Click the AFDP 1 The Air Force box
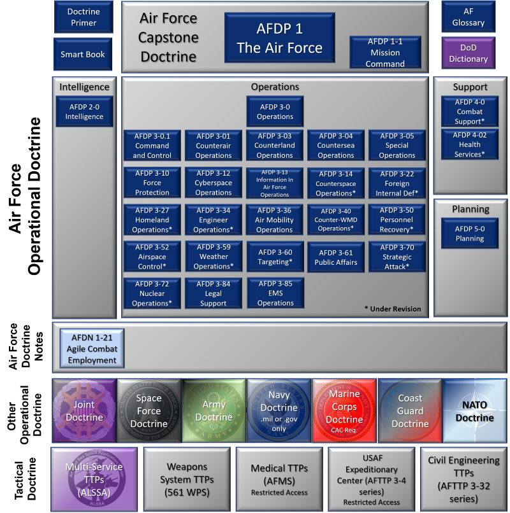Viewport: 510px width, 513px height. click(279, 38)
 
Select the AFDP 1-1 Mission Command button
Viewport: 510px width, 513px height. click(385, 52)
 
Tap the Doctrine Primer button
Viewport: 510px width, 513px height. click(83, 17)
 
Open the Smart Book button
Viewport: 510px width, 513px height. click(83, 54)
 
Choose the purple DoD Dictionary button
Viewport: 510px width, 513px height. click(468, 53)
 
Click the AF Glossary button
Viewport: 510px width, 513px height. click(468, 17)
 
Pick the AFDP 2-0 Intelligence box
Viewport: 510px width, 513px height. click(84, 112)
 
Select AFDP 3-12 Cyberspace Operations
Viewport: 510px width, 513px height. click(214, 183)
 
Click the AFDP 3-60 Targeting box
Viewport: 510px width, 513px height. click(275, 256)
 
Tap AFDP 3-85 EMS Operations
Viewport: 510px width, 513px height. click(275, 293)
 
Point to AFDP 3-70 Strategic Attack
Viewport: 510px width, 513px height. click(397, 256)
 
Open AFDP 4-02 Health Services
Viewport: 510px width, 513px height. click(470, 144)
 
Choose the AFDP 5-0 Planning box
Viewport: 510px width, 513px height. click(470, 234)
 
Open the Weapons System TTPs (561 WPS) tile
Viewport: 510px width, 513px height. click(186, 479)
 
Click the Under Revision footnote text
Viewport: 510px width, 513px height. click(393, 309)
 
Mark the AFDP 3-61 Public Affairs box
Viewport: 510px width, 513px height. click(336, 256)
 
